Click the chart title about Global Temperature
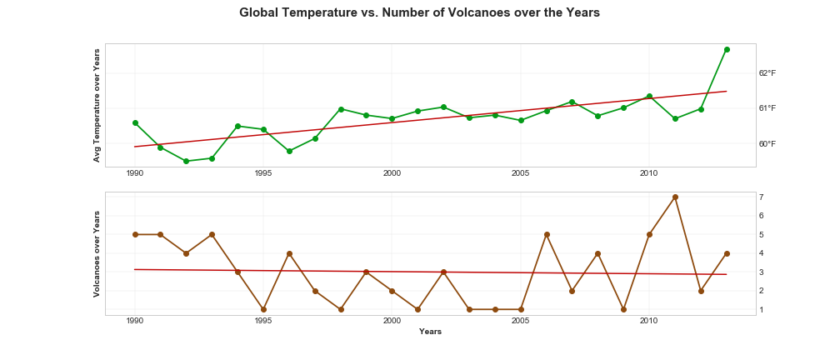click(x=419, y=12)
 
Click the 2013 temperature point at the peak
click(x=727, y=49)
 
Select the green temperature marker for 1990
click(x=135, y=122)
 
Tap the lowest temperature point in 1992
click(x=186, y=161)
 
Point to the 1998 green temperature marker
click(x=341, y=109)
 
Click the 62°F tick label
click(x=767, y=72)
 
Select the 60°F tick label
click(x=767, y=143)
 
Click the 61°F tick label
click(x=767, y=108)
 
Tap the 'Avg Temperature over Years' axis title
click(x=97, y=105)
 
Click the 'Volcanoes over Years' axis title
click(x=97, y=253)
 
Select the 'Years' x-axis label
click(x=430, y=332)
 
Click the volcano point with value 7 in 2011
click(x=675, y=197)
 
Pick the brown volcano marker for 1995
click(x=263, y=309)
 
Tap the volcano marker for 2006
click(x=547, y=234)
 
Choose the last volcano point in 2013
click(x=727, y=253)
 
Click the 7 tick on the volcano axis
click(x=762, y=197)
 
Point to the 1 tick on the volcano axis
click(x=762, y=309)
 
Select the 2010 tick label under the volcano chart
click(x=649, y=321)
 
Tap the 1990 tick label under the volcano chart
click(x=135, y=321)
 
